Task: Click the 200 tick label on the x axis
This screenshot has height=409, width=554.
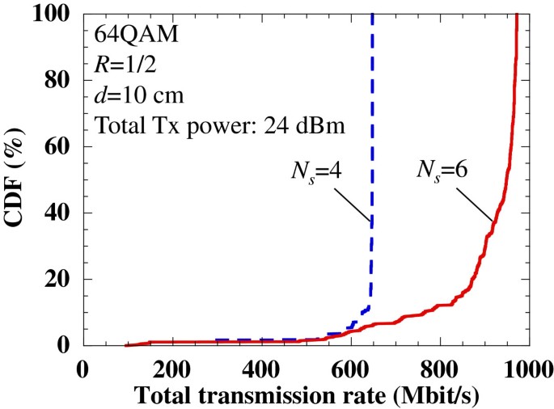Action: tap(171, 368)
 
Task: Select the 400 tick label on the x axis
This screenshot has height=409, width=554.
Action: tap(260, 368)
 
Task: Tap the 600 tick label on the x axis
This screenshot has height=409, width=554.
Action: tap(350, 368)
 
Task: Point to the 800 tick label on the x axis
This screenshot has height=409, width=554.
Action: tap(440, 368)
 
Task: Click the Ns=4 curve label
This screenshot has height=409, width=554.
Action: tap(318, 171)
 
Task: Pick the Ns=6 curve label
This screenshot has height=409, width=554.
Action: tap(442, 171)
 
